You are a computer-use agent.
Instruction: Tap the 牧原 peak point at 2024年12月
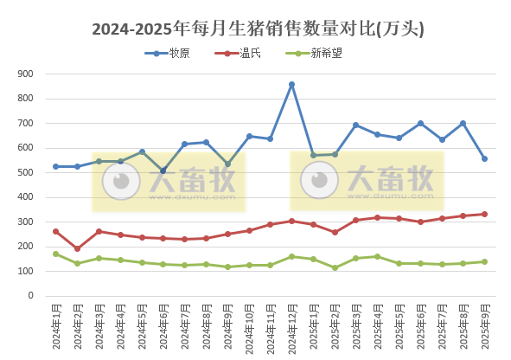point(291,85)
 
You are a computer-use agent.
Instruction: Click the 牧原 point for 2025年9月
point(484,158)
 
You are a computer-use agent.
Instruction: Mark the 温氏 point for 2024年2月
point(77,248)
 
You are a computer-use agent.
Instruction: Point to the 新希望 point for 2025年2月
point(335,267)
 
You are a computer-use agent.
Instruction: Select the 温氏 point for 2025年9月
point(484,214)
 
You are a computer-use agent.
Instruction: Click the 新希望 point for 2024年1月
point(55,254)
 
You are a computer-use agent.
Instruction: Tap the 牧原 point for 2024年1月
point(55,166)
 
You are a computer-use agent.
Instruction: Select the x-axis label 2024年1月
point(55,325)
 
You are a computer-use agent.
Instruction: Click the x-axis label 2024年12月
point(291,327)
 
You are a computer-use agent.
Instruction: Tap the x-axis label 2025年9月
point(484,325)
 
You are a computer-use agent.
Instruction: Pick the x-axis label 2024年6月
point(163,325)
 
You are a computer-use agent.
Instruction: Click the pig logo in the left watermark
point(121,181)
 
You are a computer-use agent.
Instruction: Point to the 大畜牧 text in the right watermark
point(389,179)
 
